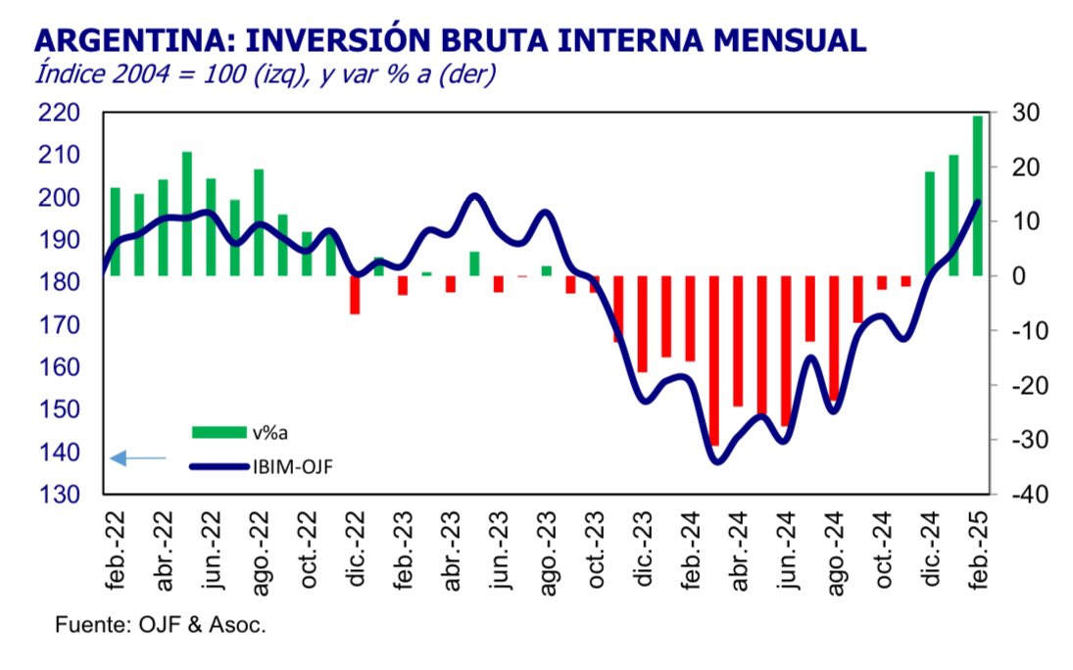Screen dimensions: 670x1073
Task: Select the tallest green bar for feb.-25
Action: coord(977,196)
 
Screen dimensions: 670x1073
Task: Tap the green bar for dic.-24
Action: coord(930,223)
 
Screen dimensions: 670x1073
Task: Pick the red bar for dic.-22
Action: coord(355,294)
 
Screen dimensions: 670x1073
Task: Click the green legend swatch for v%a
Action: coord(219,432)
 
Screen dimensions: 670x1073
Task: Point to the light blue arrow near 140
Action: coord(137,457)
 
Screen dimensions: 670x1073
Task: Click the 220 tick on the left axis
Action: coord(60,113)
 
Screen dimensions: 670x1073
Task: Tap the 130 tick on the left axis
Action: coord(60,495)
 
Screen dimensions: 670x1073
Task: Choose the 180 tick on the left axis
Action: coord(60,282)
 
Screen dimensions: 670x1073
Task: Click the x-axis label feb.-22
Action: coord(117,552)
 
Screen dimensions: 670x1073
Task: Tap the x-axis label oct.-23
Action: coord(595,552)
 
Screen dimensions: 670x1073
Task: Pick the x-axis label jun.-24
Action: coord(787,552)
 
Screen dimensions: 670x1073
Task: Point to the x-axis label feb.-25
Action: coord(978,552)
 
